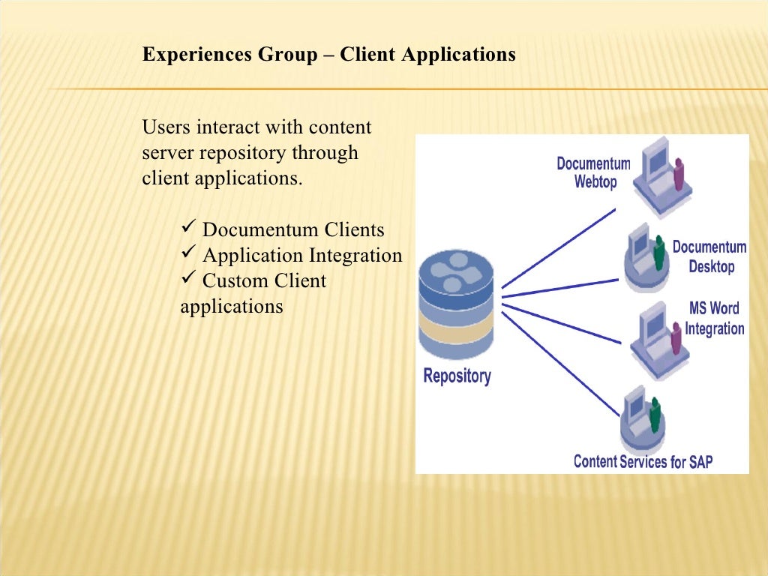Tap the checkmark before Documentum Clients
point(188,228)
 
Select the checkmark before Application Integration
point(188,254)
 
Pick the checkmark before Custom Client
point(188,280)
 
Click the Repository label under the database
point(457,375)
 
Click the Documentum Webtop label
point(593,172)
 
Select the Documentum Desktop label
point(709,256)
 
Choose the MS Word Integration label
point(714,319)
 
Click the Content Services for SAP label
point(643,461)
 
